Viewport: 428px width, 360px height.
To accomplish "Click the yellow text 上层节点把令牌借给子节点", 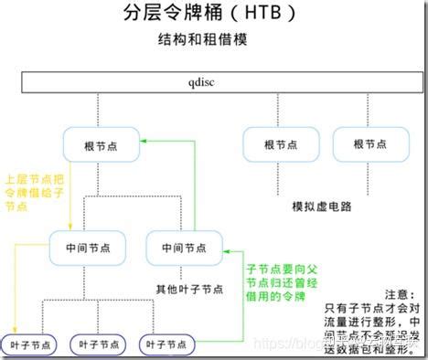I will pos(35,193).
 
